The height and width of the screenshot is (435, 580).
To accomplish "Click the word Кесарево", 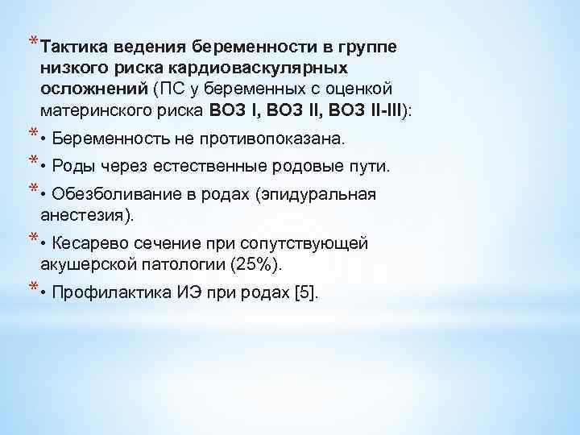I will click(85, 243).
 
